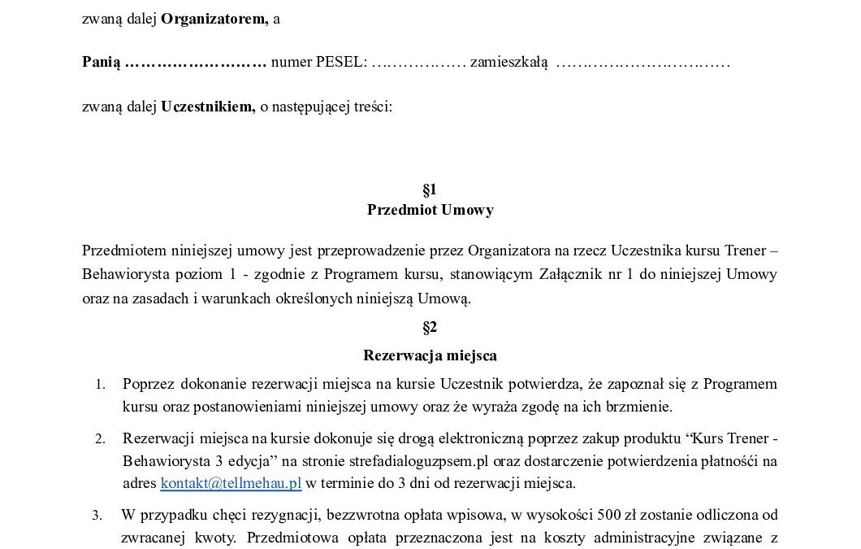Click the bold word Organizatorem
click(214, 20)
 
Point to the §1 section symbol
click(430, 190)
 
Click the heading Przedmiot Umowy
click(430, 210)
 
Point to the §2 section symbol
click(430, 328)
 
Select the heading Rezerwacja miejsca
click(430, 355)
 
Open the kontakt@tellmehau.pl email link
click(231, 483)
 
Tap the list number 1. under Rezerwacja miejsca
click(101, 384)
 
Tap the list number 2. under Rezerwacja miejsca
click(101, 440)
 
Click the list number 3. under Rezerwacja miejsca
click(97, 515)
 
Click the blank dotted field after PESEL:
click(418, 62)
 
